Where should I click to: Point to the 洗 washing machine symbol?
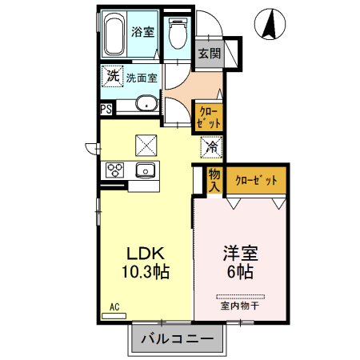[112, 77]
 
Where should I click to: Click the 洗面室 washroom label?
[141, 78]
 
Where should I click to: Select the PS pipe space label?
[106, 110]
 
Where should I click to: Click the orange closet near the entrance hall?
[210, 118]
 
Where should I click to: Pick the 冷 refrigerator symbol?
[210, 146]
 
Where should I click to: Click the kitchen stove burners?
[114, 170]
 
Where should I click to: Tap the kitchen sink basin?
[146, 170]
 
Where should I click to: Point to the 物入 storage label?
[214, 180]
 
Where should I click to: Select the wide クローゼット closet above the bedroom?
[256, 181]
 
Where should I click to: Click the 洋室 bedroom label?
[239, 252]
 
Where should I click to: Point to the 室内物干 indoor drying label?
[240, 305]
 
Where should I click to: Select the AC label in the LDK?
[114, 306]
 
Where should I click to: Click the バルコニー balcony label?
[178, 339]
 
